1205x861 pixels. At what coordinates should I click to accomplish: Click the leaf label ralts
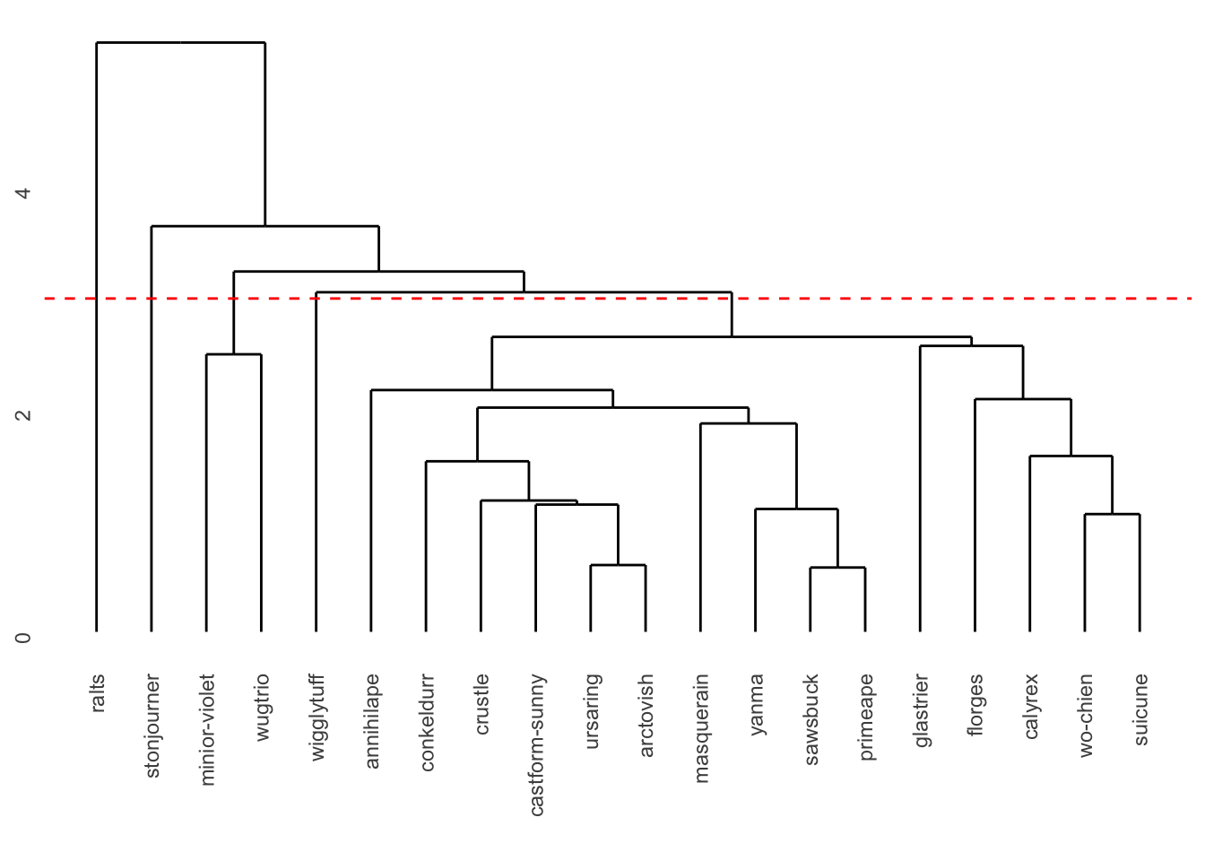tap(98, 693)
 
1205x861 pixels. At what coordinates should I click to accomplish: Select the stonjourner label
tap(152, 726)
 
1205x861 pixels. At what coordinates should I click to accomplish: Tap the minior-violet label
tap(207, 730)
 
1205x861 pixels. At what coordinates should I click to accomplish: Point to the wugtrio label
tap(262, 708)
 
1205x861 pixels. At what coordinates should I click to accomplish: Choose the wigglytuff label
tap(316, 717)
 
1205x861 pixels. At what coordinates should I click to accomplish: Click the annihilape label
tap(372, 721)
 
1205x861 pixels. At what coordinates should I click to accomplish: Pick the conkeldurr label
tap(427, 722)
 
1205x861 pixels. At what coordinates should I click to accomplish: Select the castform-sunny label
tap(536, 744)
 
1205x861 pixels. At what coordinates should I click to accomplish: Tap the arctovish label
tap(646, 716)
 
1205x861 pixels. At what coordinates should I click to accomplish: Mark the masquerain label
tap(701, 728)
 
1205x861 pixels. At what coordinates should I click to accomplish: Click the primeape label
tap(866, 717)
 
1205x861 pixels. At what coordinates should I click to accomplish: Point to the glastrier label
tap(921, 710)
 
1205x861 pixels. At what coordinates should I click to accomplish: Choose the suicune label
tap(1140, 709)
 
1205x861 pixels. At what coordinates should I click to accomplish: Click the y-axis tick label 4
tap(23, 193)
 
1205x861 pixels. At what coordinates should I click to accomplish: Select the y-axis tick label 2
tap(23, 415)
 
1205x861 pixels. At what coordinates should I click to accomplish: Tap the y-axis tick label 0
tap(23, 638)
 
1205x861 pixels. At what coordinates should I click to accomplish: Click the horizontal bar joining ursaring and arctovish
tap(618, 565)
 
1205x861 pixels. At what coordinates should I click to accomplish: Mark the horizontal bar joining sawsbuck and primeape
tap(837, 568)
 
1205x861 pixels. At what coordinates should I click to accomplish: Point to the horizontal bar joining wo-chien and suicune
tap(1112, 514)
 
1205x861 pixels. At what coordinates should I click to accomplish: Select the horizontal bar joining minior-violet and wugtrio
tap(234, 354)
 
